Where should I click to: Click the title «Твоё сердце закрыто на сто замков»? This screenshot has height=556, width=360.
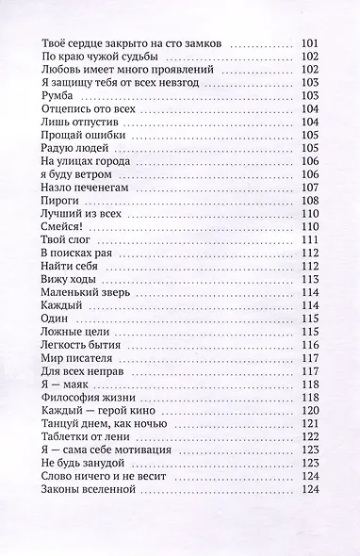click(x=133, y=44)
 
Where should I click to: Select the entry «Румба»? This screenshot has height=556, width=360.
click(x=60, y=97)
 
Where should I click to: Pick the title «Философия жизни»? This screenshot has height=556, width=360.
click(x=90, y=398)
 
